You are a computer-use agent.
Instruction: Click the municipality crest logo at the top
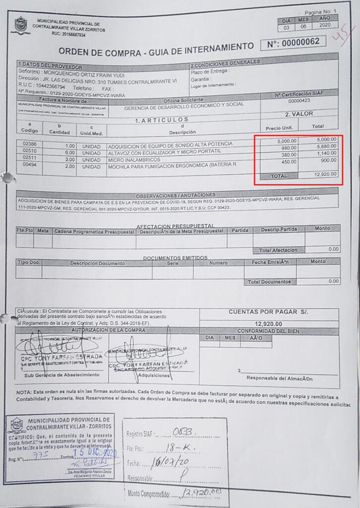(x=21, y=25)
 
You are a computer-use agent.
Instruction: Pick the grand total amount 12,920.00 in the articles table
(x=325, y=174)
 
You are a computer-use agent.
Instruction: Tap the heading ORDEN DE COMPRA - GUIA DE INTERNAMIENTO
(x=156, y=50)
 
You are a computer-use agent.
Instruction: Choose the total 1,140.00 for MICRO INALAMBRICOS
(x=326, y=153)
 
